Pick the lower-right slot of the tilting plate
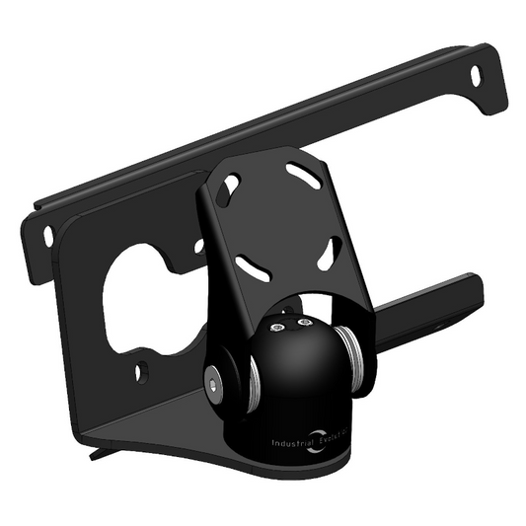point(328,254)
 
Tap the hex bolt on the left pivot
point(214,380)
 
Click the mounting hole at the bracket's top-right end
point(476,75)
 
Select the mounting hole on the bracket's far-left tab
point(47,236)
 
